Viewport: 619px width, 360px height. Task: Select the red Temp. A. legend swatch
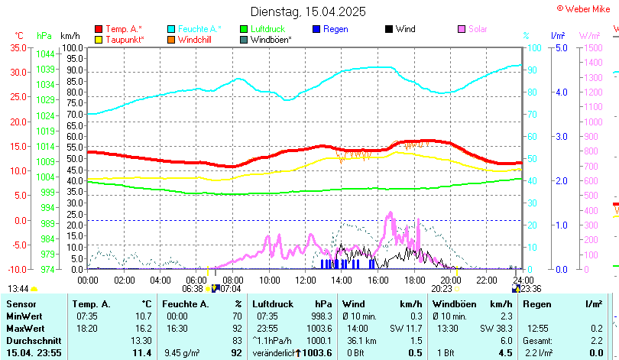[x=99, y=29]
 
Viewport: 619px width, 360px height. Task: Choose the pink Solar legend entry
[x=478, y=29]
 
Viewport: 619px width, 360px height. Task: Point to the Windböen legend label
[x=270, y=39]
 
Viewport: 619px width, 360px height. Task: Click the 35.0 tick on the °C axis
[x=17, y=47]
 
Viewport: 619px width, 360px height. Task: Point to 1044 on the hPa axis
[x=45, y=54]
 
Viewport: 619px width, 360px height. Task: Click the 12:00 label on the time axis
[x=306, y=281]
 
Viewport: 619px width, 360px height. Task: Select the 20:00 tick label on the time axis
[x=451, y=281]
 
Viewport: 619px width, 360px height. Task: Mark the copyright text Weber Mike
[x=586, y=8]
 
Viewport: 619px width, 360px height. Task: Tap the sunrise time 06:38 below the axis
[x=193, y=289]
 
